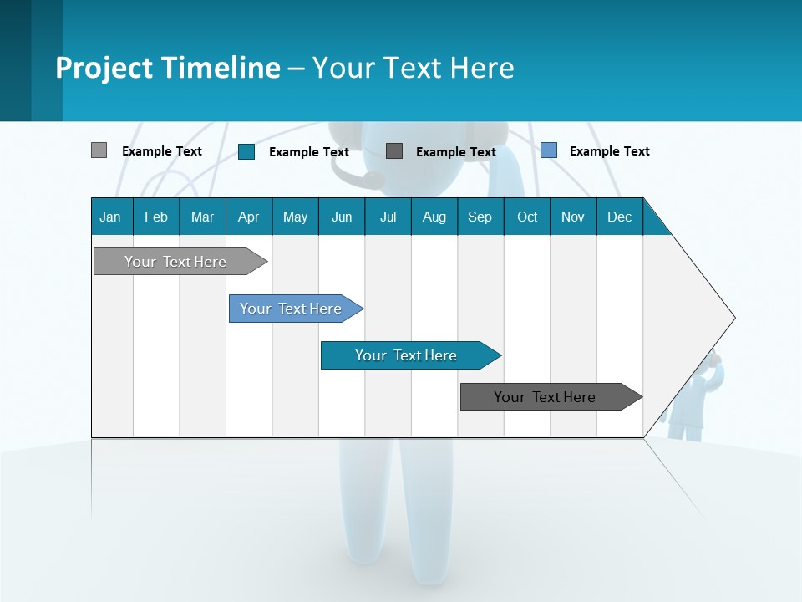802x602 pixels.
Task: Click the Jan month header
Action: pyautogui.click(x=110, y=217)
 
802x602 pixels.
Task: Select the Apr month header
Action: pyautogui.click(x=248, y=217)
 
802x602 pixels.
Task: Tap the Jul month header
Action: pyautogui.click(x=388, y=217)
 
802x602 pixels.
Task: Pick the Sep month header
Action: pyautogui.click(x=480, y=217)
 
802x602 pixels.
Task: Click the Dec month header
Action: pyautogui.click(x=619, y=217)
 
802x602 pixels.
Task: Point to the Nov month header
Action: pyautogui.click(x=572, y=217)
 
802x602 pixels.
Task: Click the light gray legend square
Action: pyautogui.click(x=99, y=150)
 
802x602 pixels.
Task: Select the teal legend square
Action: pyautogui.click(x=246, y=151)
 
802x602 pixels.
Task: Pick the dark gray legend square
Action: pyautogui.click(x=394, y=151)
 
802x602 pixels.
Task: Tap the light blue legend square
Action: pyautogui.click(x=549, y=150)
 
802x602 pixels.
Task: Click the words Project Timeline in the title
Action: pyautogui.click(x=167, y=68)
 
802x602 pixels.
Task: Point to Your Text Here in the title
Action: pyautogui.click(x=413, y=68)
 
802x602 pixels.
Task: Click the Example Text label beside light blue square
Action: pyautogui.click(x=609, y=151)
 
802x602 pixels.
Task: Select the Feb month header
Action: pyautogui.click(x=156, y=217)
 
